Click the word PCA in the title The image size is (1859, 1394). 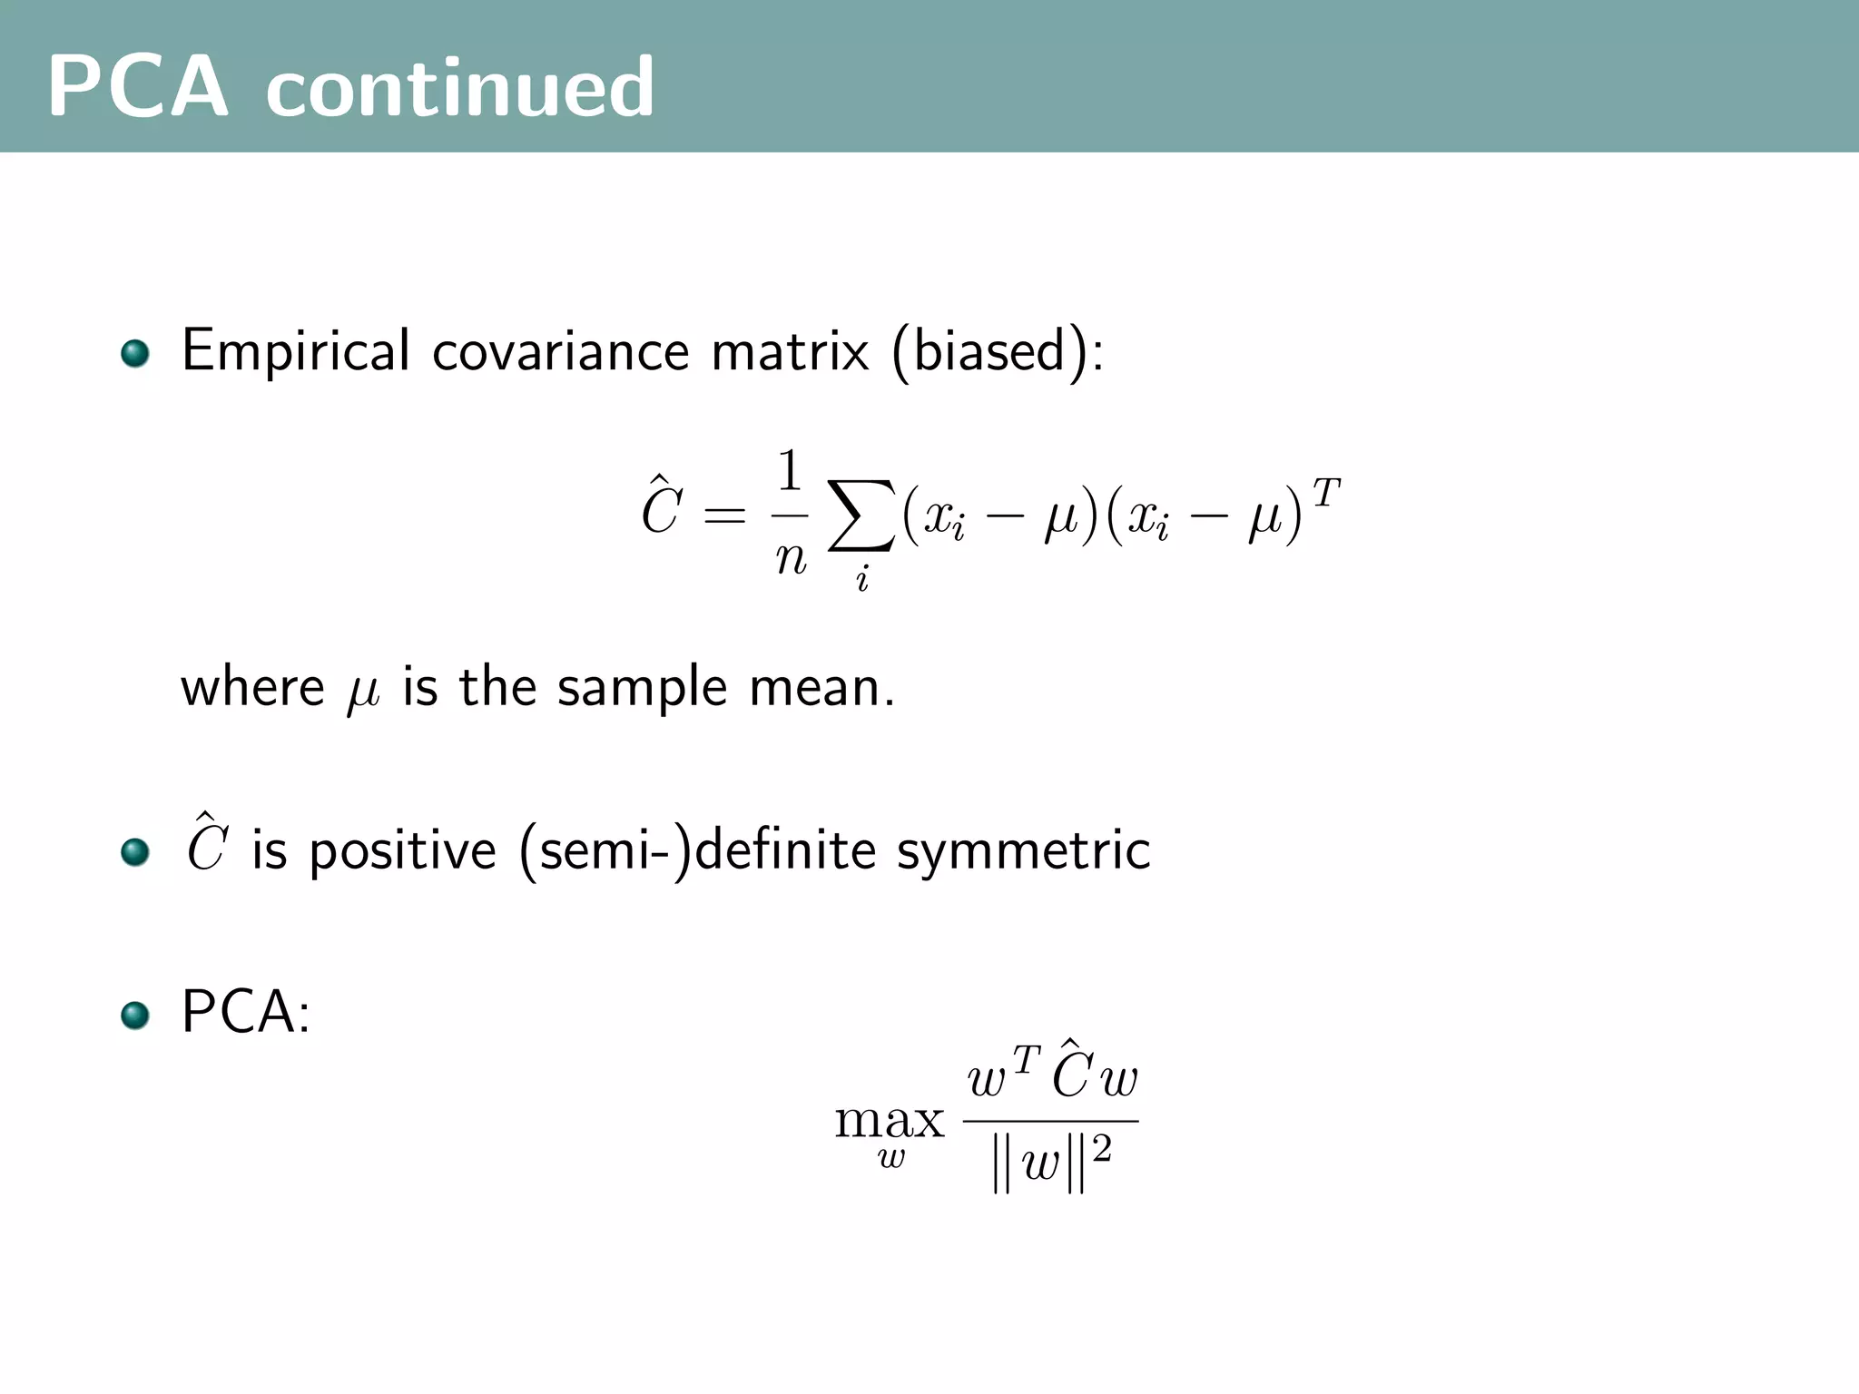137,87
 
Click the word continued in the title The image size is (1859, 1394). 459,87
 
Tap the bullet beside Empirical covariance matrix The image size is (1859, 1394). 135,353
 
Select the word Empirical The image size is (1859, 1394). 296,351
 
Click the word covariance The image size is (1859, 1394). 561,351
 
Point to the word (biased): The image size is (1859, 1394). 998,351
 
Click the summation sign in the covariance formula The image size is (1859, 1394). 861,515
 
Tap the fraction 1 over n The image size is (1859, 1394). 790,515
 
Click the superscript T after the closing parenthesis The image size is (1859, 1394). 1325,494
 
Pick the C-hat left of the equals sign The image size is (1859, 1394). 661,508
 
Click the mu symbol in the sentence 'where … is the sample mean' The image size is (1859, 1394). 363,692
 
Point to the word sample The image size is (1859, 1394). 642,688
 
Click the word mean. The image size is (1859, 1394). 821,688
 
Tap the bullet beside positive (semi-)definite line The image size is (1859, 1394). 135,852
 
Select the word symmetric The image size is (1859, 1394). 1023,850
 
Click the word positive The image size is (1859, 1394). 403,852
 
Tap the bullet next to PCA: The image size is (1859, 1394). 135,1015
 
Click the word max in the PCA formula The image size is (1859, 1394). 890,1122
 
